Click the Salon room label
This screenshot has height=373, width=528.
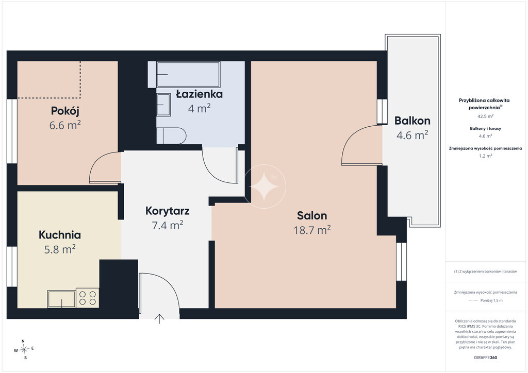(312, 215)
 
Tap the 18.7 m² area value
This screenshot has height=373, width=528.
(312, 230)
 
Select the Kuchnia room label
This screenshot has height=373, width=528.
(60, 235)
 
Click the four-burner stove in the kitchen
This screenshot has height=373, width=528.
(88, 298)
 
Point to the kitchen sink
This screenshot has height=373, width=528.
(61, 299)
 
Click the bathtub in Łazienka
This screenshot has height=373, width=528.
(188, 75)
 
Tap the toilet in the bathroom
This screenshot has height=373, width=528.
(171, 136)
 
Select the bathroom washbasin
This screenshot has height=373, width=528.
(163, 105)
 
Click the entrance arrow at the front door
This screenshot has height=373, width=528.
(159, 319)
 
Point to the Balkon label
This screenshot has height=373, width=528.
(412, 121)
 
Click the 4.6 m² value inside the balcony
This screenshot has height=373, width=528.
(412, 135)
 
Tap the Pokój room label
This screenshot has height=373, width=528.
(65, 111)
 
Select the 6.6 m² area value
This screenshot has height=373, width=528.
(65, 125)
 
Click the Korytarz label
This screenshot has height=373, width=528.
(168, 211)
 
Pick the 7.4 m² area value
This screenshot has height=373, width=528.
(168, 225)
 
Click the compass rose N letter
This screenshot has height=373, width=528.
(23, 341)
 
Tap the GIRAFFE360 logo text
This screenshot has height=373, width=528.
(485, 358)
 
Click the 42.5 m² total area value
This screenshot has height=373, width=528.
(485, 116)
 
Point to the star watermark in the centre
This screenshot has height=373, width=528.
(265, 186)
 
